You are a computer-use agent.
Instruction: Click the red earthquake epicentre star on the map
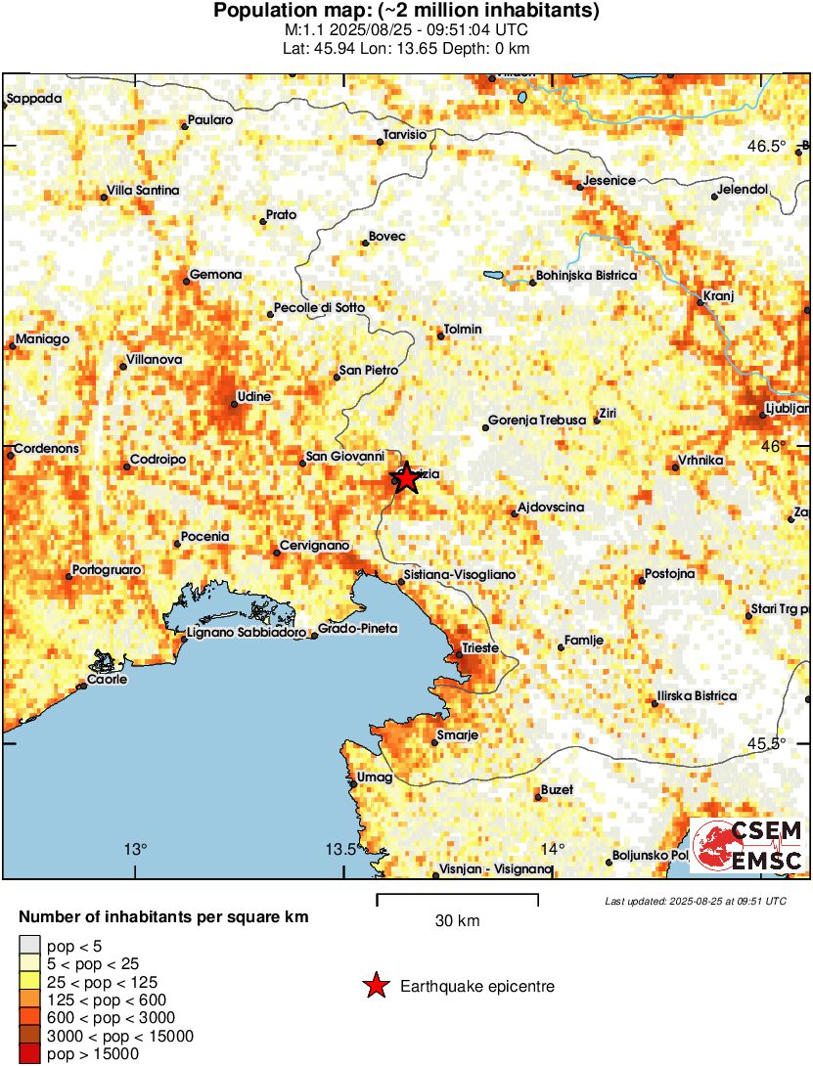[x=404, y=477]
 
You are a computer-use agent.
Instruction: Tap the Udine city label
[x=254, y=396]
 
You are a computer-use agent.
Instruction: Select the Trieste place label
[x=481, y=647]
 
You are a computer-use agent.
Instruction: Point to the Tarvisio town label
[x=406, y=134]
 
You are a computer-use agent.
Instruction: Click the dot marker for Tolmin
[x=441, y=337]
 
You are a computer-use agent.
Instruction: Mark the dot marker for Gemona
[x=186, y=282]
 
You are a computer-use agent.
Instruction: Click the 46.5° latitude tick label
[x=767, y=146]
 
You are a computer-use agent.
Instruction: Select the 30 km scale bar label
[x=457, y=920]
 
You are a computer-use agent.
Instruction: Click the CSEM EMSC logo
[x=747, y=845]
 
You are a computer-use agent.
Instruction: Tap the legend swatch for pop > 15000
[x=30, y=1054]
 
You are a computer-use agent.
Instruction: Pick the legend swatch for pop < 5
[x=30, y=945]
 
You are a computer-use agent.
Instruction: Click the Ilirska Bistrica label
[x=696, y=695]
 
